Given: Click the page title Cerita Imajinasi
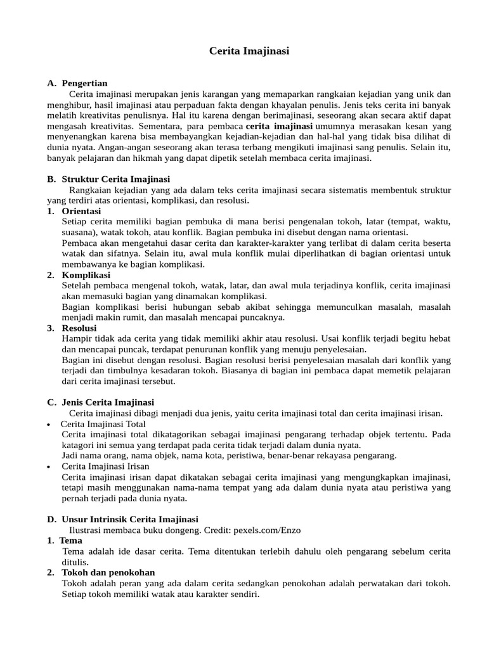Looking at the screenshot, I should click(x=249, y=51).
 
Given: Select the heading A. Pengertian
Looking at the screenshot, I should click(x=77, y=83).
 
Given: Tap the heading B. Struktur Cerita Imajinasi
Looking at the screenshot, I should click(x=108, y=179).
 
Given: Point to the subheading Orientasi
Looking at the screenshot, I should click(x=81, y=211).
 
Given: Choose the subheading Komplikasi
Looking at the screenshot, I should click(x=86, y=275).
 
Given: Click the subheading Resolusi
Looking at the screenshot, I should click(x=79, y=328).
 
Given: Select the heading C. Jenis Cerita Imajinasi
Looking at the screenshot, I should click(x=101, y=402).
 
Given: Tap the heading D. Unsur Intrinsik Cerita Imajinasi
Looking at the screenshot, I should click(x=123, y=519).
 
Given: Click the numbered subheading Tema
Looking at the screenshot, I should click(x=71, y=541).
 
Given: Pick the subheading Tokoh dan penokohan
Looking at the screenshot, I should click(x=108, y=572).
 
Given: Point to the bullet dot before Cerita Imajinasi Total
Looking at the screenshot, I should click(x=49, y=424).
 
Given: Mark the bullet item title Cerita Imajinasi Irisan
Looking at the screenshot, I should click(x=105, y=466).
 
